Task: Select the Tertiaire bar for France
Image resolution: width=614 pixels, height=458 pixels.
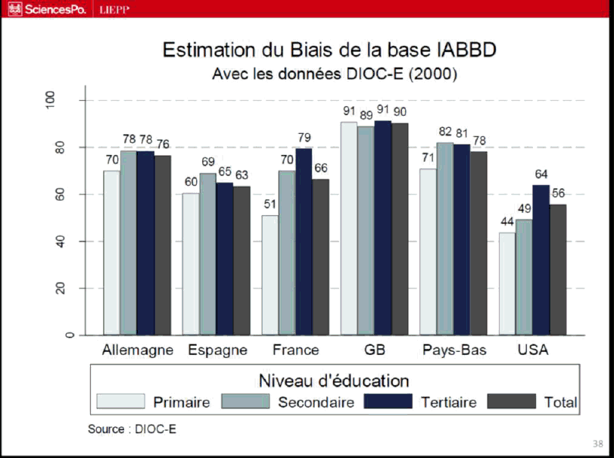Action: coord(304,241)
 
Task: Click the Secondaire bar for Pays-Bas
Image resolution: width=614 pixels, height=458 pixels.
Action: coord(445,238)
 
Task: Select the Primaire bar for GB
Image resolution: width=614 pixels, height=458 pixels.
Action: coord(349,228)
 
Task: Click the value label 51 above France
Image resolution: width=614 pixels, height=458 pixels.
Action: coord(270,204)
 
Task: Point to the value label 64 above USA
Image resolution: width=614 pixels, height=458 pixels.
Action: coord(541,173)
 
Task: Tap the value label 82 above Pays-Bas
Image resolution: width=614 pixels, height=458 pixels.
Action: coord(445,131)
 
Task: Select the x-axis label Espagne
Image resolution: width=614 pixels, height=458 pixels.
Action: coord(217,351)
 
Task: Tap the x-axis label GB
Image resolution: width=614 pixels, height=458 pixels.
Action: coord(374,351)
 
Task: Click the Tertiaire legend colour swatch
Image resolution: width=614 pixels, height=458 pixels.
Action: coord(387,402)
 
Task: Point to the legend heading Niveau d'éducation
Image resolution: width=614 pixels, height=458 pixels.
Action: coord(334,380)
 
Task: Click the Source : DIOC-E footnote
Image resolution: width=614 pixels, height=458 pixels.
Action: coord(132,429)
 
